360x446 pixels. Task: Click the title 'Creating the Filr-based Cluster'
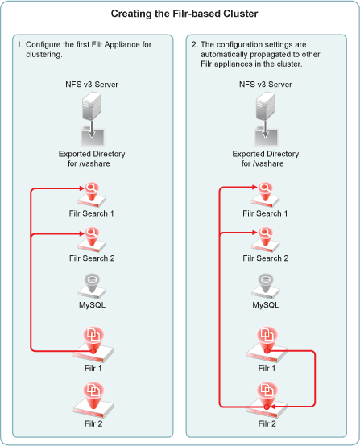[184, 14]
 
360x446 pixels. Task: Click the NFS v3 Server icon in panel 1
[92, 106]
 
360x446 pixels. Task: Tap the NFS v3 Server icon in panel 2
[265, 106]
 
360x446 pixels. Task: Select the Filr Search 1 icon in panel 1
[92, 195]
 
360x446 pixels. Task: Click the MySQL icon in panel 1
[92, 287]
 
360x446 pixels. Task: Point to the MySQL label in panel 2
[266, 305]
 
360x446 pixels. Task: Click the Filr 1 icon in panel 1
[93, 345]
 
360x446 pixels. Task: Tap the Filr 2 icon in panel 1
[93, 400]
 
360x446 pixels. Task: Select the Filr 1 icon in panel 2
[267, 345]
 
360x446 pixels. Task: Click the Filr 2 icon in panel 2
[267, 400]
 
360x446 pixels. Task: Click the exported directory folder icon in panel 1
[93, 137]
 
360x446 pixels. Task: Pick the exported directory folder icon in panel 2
[266, 137]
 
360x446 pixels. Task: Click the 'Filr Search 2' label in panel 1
[92, 258]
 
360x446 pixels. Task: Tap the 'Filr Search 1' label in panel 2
[265, 213]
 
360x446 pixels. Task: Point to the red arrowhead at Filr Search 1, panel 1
[81, 188]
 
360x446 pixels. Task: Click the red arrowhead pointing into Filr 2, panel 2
[271, 407]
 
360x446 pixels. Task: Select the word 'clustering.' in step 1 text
[44, 54]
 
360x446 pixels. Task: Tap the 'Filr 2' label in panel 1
[93, 423]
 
